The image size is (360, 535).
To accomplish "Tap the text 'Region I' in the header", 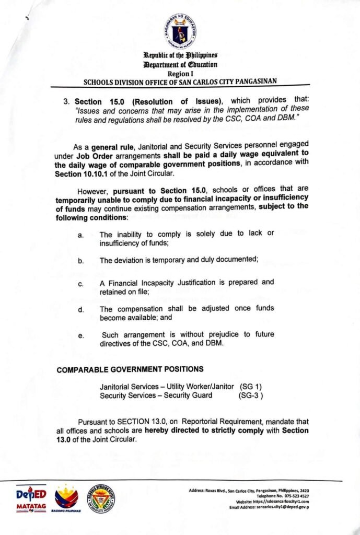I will click(x=180, y=74).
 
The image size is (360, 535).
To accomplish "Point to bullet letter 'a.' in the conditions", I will click(x=81, y=235).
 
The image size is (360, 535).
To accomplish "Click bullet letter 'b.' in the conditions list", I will click(x=81, y=260).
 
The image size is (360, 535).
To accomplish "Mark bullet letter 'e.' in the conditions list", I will click(x=81, y=336).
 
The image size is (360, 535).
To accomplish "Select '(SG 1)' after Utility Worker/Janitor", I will click(x=251, y=387).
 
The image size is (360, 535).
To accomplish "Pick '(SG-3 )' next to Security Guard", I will click(x=251, y=396).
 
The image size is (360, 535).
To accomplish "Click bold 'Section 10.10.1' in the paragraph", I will click(x=82, y=174).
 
